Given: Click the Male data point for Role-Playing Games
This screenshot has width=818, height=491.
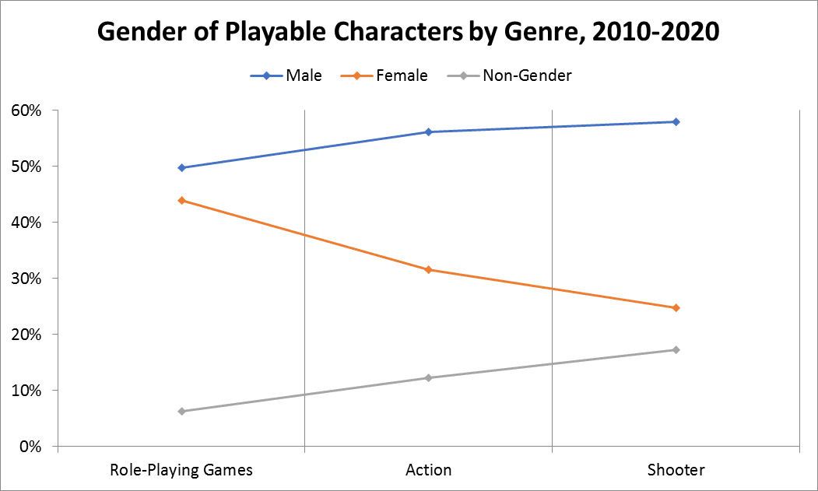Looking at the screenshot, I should [x=181, y=167].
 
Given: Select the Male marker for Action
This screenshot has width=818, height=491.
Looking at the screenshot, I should [x=429, y=132].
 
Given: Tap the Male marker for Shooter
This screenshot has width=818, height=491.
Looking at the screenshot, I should [x=676, y=121].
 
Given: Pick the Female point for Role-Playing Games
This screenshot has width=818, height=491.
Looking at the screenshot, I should [x=181, y=200].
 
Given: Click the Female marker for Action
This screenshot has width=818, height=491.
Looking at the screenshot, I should [x=429, y=269].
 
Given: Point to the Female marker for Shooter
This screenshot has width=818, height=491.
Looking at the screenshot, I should [x=676, y=307].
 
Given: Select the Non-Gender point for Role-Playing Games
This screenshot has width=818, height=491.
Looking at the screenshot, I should [x=181, y=411].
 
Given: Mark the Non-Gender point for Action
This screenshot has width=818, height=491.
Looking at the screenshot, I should [x=429, y=377].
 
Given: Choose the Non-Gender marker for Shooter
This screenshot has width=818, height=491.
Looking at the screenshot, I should [x=676, y=349].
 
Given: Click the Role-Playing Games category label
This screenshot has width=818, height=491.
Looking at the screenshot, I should [x=181, y=470].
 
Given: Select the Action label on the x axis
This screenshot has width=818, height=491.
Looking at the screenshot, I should [x=429, y=470].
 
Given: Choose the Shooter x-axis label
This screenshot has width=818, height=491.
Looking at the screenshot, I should [x=676, y=470].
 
